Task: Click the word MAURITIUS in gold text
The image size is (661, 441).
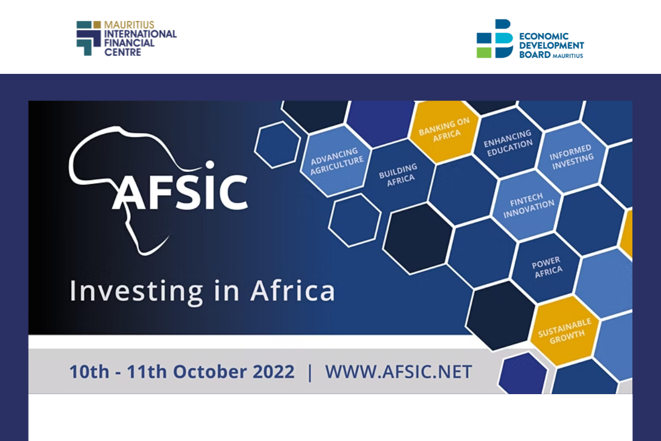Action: tap(129, 25)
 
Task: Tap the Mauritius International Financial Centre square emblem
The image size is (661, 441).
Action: tap(89, 38)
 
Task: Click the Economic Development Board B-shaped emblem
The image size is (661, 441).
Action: tap(495, 39)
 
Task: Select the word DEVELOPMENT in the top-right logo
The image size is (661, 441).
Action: tap(551, 46)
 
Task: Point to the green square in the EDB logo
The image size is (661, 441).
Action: tap(484, 52)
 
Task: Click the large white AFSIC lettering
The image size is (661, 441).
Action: tap(180, 192)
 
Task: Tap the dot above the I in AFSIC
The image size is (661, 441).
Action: tap(210, 165)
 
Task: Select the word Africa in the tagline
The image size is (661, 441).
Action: tap(292, 291)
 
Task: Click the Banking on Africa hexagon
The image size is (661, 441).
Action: tap(445, 131)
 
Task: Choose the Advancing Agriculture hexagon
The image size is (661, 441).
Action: tap(337, 161)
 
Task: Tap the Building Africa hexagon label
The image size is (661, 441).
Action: tap(399, 175)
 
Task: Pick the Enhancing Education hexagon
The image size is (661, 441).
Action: tap(508, 143)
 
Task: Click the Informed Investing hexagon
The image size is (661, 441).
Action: tap(572, 157)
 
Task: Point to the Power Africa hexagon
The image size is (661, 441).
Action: tap(547, 267)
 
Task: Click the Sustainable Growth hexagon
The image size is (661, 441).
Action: tap(565, 331)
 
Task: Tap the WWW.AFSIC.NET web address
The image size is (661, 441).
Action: tap(399, 372)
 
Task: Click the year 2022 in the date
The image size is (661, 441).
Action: tap(274, 372)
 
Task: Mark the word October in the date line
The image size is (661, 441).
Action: tap(210, 372)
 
